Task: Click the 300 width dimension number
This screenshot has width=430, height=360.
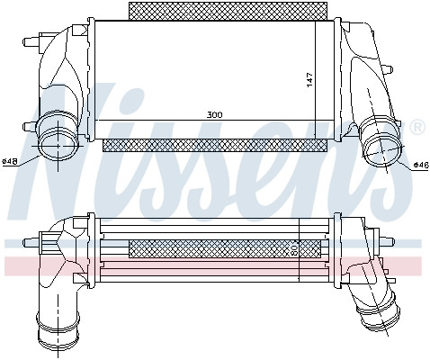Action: [215, 115]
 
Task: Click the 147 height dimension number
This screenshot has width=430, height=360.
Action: [309, 80]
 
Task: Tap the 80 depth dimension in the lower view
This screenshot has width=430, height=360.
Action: [294, 249]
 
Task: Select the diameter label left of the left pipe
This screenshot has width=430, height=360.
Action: [9, 162]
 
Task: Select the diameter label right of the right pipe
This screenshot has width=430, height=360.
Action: [422, 165]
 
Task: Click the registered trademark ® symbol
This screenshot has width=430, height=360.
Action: [417, 127]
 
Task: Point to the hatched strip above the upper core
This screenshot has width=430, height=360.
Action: [228, 11]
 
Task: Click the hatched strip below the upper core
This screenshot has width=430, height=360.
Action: [215, 146]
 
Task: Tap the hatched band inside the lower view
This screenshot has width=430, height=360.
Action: [225, 248]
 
